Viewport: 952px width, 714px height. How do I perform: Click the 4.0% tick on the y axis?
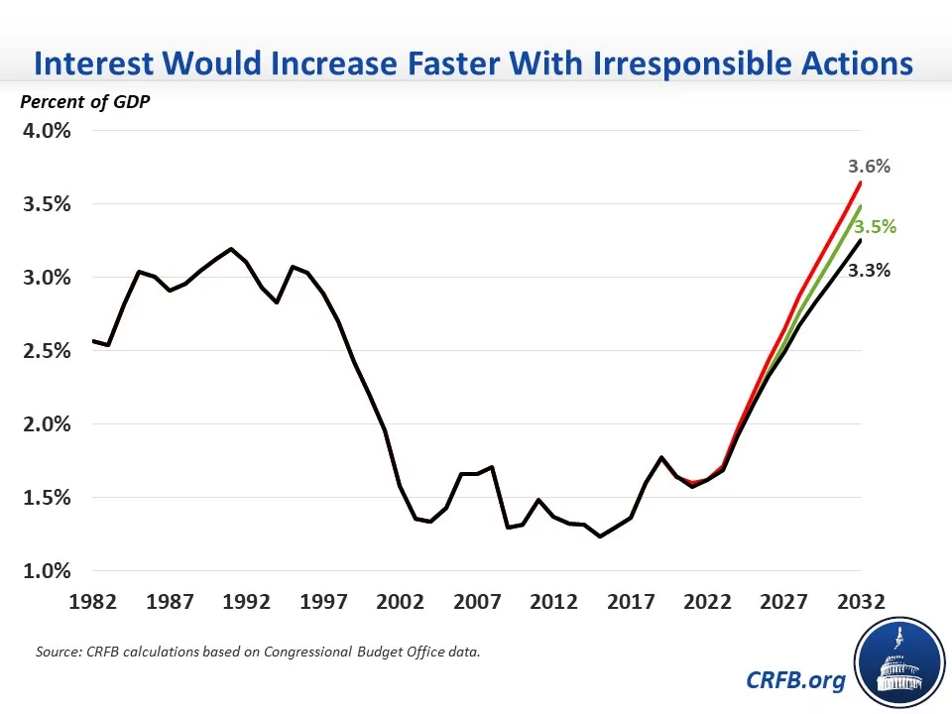(x=44, y=131)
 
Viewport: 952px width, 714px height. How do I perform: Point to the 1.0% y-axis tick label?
(x=44, y=571)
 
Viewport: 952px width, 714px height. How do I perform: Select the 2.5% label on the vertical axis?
(x=44, y=351)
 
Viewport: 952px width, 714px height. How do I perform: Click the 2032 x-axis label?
(x=860, y=602)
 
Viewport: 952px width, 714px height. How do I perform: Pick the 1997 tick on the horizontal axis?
(x=323, y=602)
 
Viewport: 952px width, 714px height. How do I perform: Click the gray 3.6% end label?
(x=869, y=167)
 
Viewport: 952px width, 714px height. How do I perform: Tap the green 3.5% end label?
(x=875, y=227)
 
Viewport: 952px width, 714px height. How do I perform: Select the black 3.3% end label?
(x=869, y=270)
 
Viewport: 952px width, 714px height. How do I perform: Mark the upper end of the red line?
(x=860, y=182)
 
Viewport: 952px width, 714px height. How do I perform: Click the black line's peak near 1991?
(x=231, y=249)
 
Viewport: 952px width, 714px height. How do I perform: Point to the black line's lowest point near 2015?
(x=600, y=536)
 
